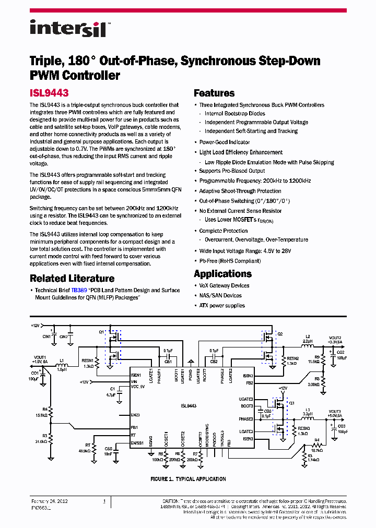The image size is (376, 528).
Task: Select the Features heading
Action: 214,93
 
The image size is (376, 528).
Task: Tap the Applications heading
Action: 222,274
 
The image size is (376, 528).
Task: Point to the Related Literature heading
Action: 72,279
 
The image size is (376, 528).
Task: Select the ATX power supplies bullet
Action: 221,305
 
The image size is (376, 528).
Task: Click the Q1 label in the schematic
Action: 101,332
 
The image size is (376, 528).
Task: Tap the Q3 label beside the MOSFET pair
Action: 291,403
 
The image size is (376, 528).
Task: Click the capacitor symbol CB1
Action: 168,356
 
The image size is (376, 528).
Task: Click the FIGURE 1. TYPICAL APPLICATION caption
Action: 188,479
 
